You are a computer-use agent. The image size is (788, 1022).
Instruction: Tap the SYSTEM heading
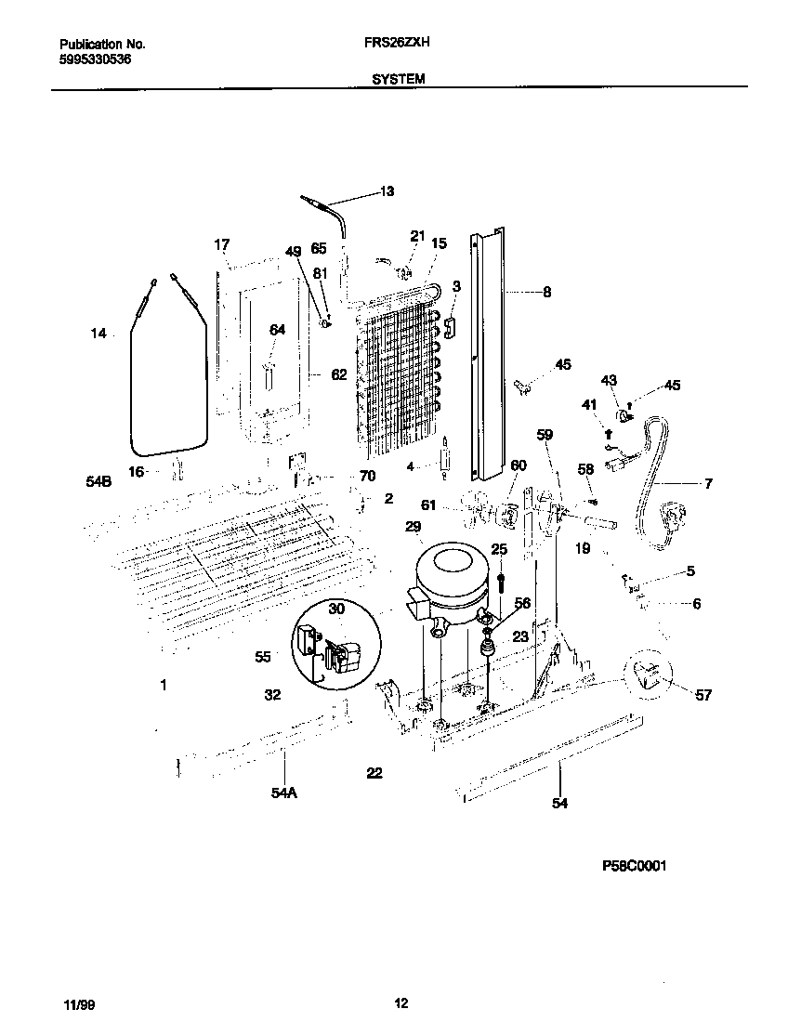[x=399, y=80]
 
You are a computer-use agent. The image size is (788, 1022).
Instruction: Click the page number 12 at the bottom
[x=401, y=1002]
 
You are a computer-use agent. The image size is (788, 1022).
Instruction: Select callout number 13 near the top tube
[x=387, y=192]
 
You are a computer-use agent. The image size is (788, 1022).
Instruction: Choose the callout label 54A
[x=284, y=792]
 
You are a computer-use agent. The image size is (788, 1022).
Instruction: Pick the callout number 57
[x=703, y=695]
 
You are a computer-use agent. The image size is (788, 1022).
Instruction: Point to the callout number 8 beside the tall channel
[x=546, y=292]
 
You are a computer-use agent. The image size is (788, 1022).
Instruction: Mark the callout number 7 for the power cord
[x=708, y=483]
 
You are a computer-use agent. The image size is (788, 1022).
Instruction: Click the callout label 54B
[x=98, y=483]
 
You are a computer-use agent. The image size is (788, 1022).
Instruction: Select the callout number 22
[x=374, y=772]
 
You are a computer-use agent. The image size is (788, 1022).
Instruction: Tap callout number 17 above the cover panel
[x=221, y=245]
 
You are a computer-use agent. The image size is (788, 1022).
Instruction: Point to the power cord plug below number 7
[x=670, y=513]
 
